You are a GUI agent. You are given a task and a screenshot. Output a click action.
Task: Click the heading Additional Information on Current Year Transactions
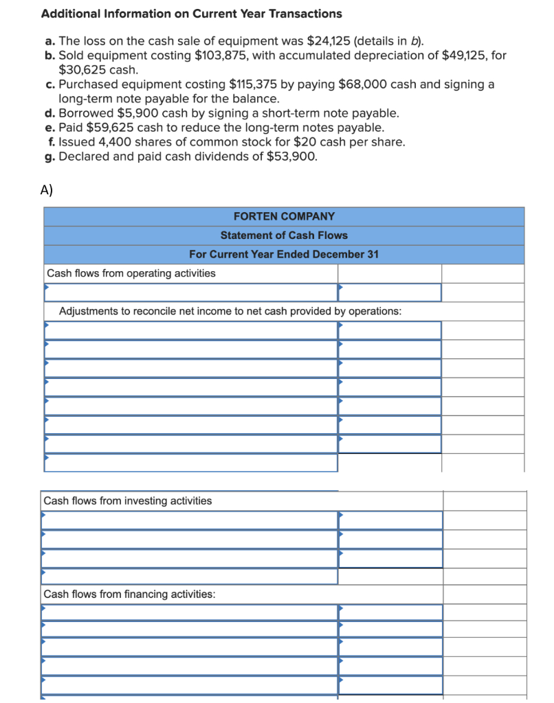coord(191,14)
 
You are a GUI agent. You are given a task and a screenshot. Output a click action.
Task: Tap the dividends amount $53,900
coord(291,156)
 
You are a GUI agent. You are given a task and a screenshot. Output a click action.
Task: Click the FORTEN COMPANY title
coord(284,216)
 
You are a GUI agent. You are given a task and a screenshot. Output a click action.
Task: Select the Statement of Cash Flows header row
coord(284,235)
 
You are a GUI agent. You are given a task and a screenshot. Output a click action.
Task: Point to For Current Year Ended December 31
coord(284,254)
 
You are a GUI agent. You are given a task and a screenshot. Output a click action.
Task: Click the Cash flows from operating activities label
coord(131,273)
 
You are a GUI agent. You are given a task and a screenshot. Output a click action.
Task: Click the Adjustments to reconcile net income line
coord(230,311)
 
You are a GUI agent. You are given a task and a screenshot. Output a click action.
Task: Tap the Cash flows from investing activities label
coord(128,500)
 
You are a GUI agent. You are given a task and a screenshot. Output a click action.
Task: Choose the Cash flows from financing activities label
coord(129,594)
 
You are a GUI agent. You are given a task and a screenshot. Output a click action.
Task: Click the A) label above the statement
coord(47,191)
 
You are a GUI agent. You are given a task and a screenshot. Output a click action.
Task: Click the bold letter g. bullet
coord(50,156)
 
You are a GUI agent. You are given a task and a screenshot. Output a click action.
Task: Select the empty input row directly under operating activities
coord(191,292)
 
